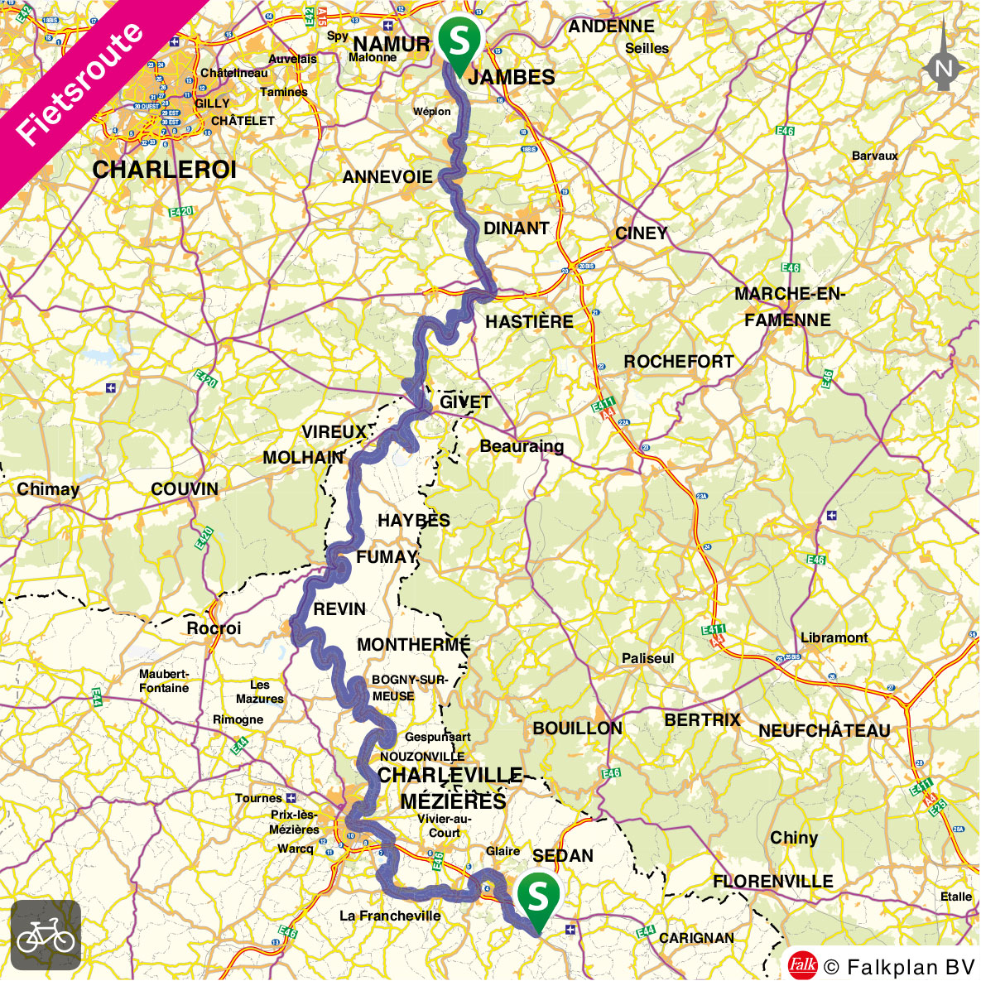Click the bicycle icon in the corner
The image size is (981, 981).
point(46,935)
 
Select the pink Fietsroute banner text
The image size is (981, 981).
point(79,83)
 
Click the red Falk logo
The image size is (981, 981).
point(802,965)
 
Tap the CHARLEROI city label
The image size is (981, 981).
point(165,171)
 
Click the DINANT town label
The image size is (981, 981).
point(516,228)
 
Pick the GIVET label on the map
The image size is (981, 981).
point(465,402)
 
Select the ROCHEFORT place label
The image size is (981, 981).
point(679,362)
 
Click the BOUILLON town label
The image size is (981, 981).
point(577,729)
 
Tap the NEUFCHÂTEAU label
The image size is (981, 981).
point(825,731)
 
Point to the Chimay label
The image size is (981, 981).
point(48,489)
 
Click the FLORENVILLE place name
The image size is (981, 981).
point(773,882)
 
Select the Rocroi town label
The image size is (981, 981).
point(214,628)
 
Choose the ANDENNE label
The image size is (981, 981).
point(611,26)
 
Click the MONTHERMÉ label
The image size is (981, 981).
point(414,645)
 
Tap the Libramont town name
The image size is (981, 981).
point(834,637)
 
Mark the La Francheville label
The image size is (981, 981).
point(390,916)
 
